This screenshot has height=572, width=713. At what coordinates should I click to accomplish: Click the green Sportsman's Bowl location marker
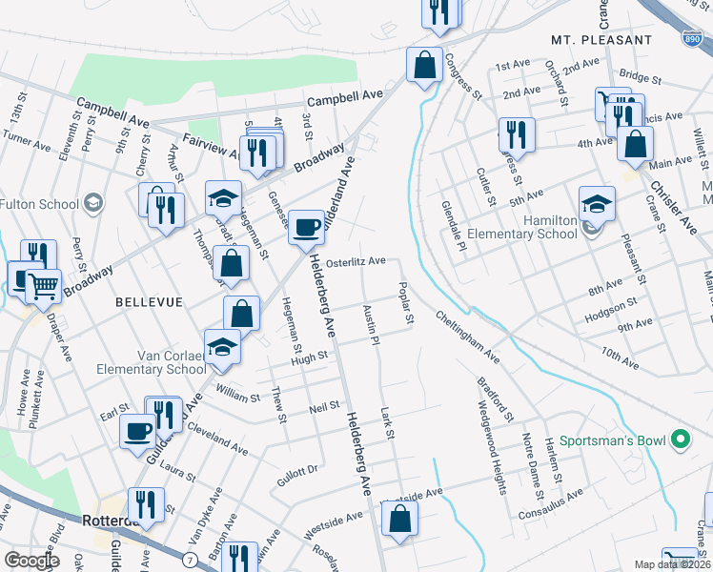[x=680, y=440]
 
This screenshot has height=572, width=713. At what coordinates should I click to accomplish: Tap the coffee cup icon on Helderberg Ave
[x=306, y=228]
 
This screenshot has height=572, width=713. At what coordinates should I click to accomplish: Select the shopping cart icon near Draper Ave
[x=44, y=285]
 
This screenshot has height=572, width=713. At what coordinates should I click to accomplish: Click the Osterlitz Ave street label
[x=356, y=260]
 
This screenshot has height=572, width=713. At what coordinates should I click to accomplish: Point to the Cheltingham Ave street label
[x=468, y=337]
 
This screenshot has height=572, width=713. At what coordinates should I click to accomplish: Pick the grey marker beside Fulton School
[x=93, y=201]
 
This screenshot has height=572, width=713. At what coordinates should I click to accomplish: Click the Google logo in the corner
[x=31, y=560]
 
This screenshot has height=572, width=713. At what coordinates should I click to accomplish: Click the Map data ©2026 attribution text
[x=672, y=564]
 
